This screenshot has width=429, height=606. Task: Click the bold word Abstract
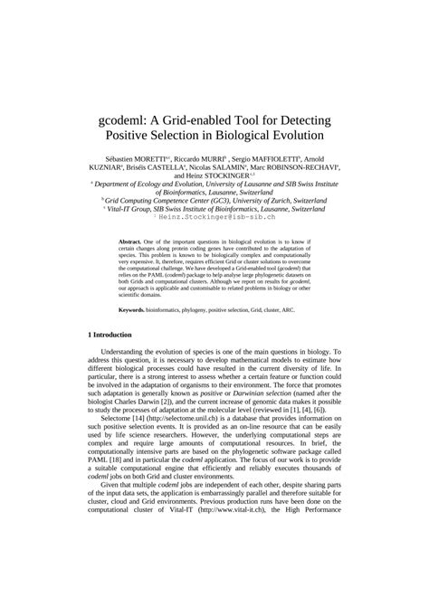pos(135,243)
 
